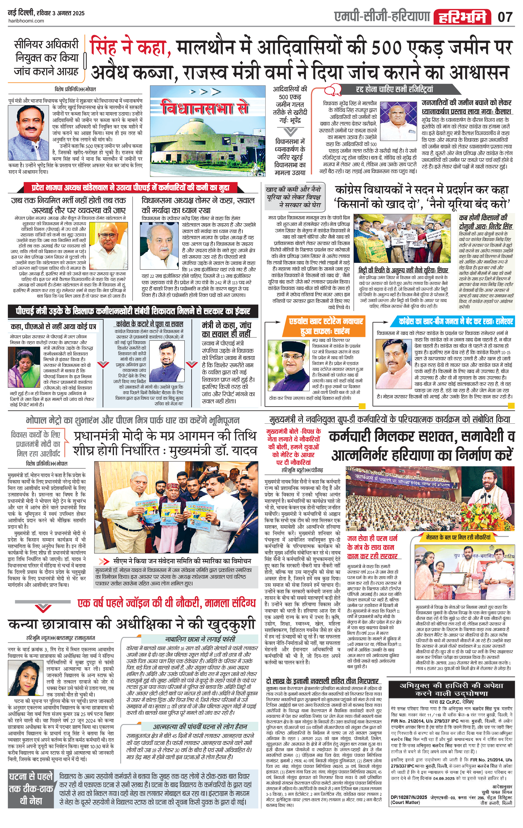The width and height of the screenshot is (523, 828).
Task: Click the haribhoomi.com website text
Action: (26, 21)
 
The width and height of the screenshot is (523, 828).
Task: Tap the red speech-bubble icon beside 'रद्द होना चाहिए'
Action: (332, 90)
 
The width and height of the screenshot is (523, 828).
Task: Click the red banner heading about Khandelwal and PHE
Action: (131, 188)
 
